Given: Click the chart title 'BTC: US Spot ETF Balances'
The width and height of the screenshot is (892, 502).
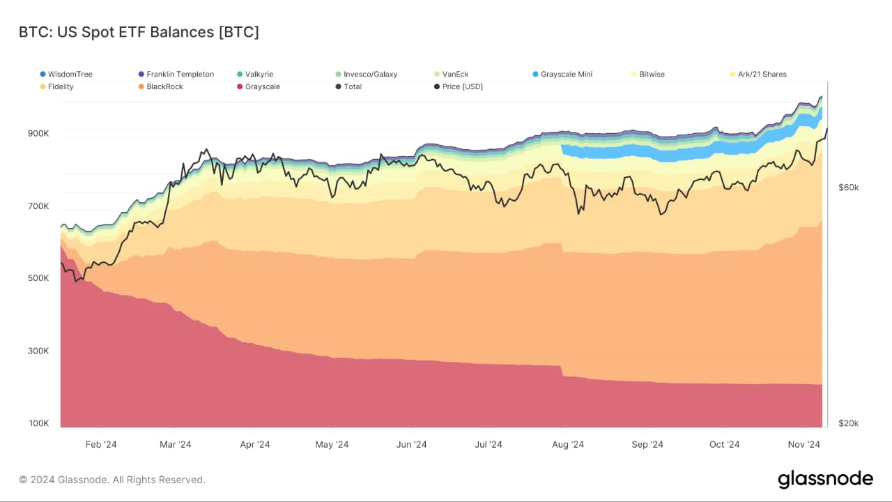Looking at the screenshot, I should click(139, 32).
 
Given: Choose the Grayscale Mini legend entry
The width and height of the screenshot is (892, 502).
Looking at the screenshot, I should click(566, 74).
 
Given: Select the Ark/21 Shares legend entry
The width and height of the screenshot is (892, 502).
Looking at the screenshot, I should click(762, 74).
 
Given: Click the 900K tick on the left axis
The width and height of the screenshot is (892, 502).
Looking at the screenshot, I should click(38, 133).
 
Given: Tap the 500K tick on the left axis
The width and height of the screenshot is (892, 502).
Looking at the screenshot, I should click(38, 278).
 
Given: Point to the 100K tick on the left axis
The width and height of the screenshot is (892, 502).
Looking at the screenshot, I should click(38, 423).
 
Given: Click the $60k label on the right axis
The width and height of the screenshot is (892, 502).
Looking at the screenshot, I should click(848, 188).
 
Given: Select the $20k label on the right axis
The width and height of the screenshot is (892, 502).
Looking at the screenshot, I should click(848, 423).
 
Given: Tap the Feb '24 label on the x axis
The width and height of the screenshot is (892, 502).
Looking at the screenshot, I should click(101, 445).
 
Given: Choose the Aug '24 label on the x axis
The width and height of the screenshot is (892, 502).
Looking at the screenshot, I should click(569, 445).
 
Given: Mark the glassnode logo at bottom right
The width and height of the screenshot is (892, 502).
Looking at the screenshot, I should click(825, 479).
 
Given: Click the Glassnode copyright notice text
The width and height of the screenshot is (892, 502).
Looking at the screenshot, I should click(111, 480).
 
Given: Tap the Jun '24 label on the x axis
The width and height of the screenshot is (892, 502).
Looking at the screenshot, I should click(411, 445).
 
